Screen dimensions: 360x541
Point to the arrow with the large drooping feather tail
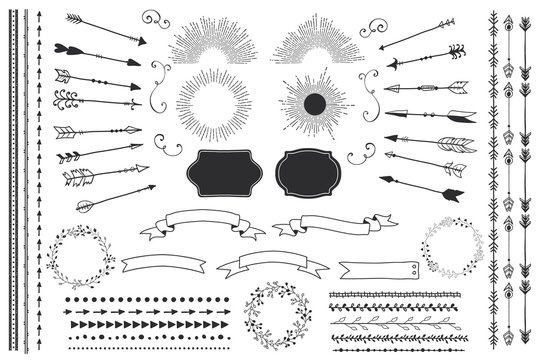click(80, 177)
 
